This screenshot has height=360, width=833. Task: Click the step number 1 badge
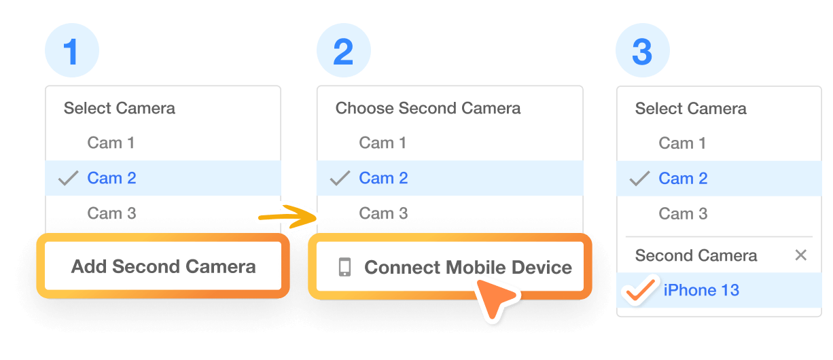(71, 52)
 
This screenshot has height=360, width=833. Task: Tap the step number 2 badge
(344, 52)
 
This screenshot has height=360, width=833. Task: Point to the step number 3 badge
(642, 52)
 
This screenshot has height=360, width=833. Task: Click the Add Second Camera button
(163, 266)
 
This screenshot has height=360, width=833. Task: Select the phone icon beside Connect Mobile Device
(344, 267)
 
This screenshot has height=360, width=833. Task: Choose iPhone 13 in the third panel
(701, 290)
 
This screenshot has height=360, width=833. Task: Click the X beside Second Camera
(801, 255)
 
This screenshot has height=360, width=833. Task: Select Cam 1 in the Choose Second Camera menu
(383, 143)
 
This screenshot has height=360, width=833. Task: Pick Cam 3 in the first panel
(111, 213)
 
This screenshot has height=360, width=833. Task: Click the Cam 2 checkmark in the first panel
(69, 179)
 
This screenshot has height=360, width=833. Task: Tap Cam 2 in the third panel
(683, 179)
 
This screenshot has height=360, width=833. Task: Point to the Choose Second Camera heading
(428, 108)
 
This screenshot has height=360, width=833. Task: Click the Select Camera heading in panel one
(120, 108)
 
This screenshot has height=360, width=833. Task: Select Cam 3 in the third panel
(683, 214)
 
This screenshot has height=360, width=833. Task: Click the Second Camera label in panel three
(696, 255)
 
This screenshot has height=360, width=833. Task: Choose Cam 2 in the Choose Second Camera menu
(383, 178)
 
